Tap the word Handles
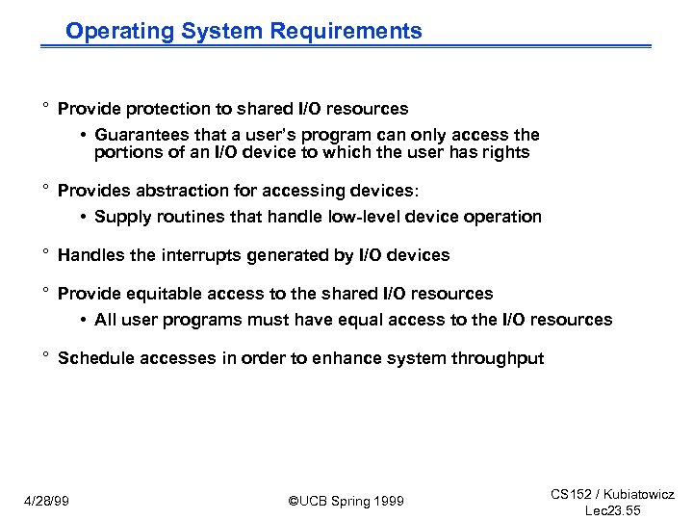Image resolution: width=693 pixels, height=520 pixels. coord(90,255)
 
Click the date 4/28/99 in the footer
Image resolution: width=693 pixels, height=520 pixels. coord(48,501)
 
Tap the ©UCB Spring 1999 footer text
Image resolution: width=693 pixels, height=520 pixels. coord(346,501)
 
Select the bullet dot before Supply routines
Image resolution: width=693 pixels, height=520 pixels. coord(86,218)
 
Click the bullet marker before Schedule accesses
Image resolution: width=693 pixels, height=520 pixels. coord(45,356)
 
